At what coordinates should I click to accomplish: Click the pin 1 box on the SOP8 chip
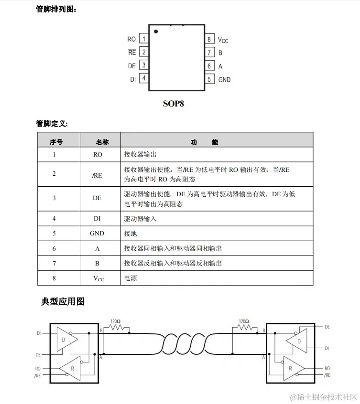coord(144,39)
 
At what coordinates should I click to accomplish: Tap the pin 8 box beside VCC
coord(209,40)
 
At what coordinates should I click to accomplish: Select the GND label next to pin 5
coord(224,80)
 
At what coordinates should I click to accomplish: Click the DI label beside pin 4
coord(133,79)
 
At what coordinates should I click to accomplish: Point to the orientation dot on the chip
coord(156,32)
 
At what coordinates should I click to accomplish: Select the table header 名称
coord(102,142)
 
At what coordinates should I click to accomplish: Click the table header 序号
coord(56,142)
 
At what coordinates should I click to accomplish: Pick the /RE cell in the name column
coord(97,175)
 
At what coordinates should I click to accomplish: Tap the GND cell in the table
coord(97,234)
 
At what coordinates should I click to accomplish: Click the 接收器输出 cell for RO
coord(140,155)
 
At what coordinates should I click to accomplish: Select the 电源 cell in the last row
coord(131,277)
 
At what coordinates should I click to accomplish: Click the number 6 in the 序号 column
coord(54,248)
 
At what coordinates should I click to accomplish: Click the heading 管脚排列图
coord(55,9)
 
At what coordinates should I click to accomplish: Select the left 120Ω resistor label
coord(115,321)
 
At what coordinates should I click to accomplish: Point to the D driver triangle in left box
coord(66,339)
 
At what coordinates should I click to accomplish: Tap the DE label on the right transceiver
coord(327,327)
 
